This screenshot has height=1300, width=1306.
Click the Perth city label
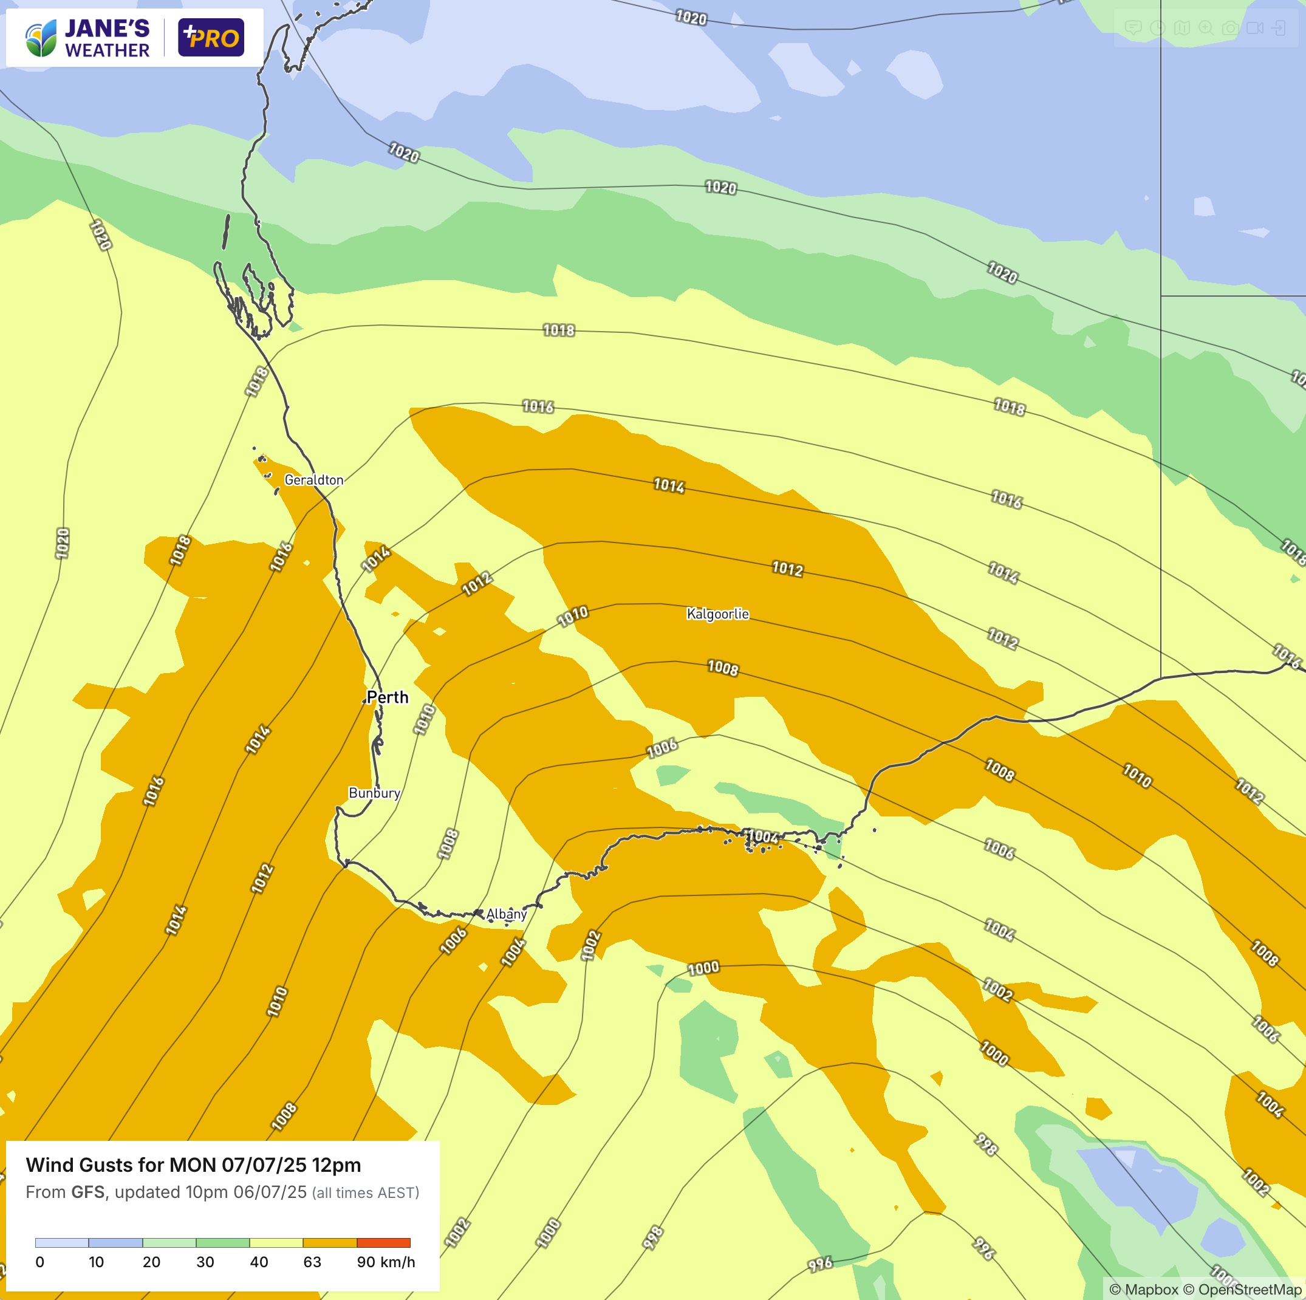pos(388,697)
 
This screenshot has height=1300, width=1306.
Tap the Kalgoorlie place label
pos(717,614)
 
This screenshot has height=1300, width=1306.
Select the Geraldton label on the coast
pos(313,480)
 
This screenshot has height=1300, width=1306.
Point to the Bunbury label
pos(374,793)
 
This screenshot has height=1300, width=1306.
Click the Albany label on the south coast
pos(507,914)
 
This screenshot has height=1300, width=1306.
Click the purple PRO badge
pos(211,38)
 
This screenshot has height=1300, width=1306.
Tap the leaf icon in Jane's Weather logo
pos(41,38)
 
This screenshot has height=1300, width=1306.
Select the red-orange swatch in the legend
pos(383,1242)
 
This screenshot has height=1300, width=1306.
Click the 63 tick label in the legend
pos(312,1262)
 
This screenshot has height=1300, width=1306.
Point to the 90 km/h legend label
pos(385,1262)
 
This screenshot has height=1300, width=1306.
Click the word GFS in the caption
pos(88,1192)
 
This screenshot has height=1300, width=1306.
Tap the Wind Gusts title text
pos(193,1165)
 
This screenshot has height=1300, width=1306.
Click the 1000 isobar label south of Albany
pos(703,968)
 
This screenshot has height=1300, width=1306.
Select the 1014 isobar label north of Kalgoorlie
pos(669,485)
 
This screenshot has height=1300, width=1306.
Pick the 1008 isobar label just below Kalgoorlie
pos(723,668)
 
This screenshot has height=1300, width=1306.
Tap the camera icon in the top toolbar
pos(1230,28)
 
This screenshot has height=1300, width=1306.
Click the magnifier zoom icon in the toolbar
pos(1206,28)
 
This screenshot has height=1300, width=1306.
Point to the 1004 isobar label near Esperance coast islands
pos(763,836)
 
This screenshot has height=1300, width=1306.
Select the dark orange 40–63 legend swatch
pos(329,1242)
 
